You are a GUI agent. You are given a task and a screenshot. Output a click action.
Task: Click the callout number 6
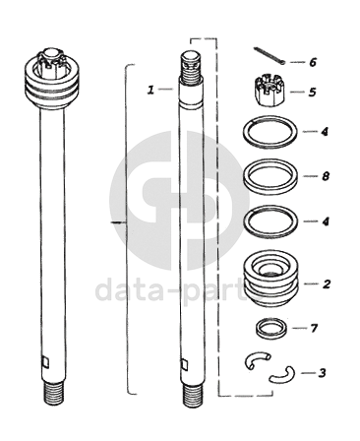pyautogui.click(x=313, y=62)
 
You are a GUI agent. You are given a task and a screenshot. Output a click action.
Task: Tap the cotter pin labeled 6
pyautogui.click(x=270, y=54)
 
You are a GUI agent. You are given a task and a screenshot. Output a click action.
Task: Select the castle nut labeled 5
pyautogui.click(x=270, y=92)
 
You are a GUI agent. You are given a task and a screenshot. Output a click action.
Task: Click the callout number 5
pyautogui.click(x=312, y=92)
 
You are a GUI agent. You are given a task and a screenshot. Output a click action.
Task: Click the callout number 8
pyautogui.click(x=325, y=176)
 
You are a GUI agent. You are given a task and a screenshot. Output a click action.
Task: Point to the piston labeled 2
pyautogui.click(x=270, y=279)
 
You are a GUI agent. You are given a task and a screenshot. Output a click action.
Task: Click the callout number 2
pyautogui.click(x=327, y=283)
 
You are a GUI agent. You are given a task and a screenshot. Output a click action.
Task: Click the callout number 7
pyautogui.click(x=314, y=328)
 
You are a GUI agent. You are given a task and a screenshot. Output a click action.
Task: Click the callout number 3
pyautogui.click(x=323, y=373)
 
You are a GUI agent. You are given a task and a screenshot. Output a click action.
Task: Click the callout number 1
pyautogui.click(x=150, y=90)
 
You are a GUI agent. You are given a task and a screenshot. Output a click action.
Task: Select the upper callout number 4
pyautogui.click(x=325, y=132)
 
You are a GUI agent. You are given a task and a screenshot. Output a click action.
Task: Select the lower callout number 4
pyautogui.click(x=325, y=221)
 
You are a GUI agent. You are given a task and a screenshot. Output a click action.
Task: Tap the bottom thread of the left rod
pyautogui.click(x=53, y=393)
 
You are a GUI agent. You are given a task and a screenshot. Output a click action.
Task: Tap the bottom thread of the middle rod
pyautogui.click(x=193, y=395)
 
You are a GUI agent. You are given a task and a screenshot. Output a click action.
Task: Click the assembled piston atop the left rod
pyautogui.click(x=52, y=78)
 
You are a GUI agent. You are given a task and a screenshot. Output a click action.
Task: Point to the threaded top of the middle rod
pyautogui.click(x=190, y=68)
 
